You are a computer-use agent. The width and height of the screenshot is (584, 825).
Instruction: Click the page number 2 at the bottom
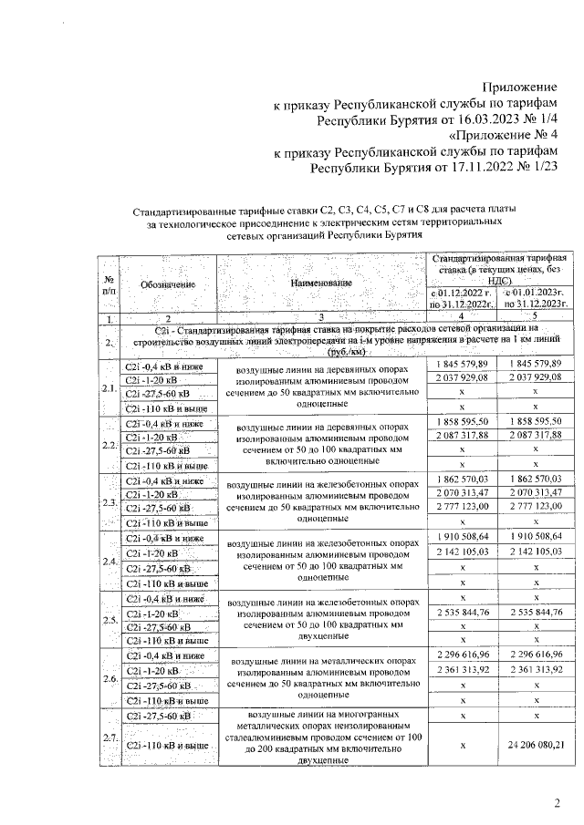[x=557, y=802]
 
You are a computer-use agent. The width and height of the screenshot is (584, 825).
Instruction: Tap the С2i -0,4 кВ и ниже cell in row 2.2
[x=165, y=424]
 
